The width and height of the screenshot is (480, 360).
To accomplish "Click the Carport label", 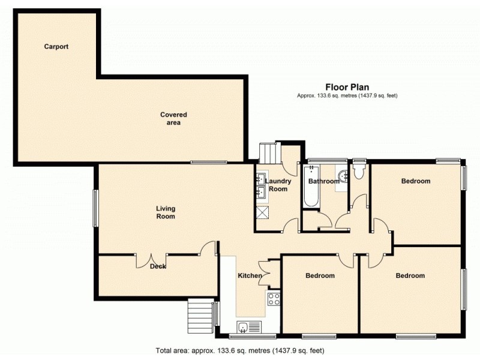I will [x=56, y=46].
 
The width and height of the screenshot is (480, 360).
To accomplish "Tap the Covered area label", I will [x=173, y=118].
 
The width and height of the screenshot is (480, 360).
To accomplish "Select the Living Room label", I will [x=166, y=212].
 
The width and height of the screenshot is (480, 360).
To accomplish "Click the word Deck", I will [x=158, y=266].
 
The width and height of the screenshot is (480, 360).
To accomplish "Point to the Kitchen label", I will [x=250, y=276].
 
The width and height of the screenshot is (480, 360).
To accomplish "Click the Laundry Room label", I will [x=278, y=185].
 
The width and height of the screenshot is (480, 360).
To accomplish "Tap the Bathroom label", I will [x=324, y=181].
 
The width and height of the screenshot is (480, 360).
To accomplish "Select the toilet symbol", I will [x=359, y=173].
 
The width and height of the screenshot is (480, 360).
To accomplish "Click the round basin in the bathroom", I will [x=343, y=176].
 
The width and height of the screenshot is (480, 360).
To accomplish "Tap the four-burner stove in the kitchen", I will [x=274, y=298].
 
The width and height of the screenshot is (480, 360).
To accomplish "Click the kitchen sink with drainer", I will [x=248, y=326].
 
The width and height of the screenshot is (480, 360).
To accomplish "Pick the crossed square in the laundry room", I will [x=262, y=212].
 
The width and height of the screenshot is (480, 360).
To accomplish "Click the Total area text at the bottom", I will [x=240, y=350].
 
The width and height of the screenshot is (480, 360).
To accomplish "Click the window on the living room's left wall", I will [x=94, y=208].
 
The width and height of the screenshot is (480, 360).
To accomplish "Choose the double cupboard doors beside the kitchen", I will [x=264, y=271].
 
